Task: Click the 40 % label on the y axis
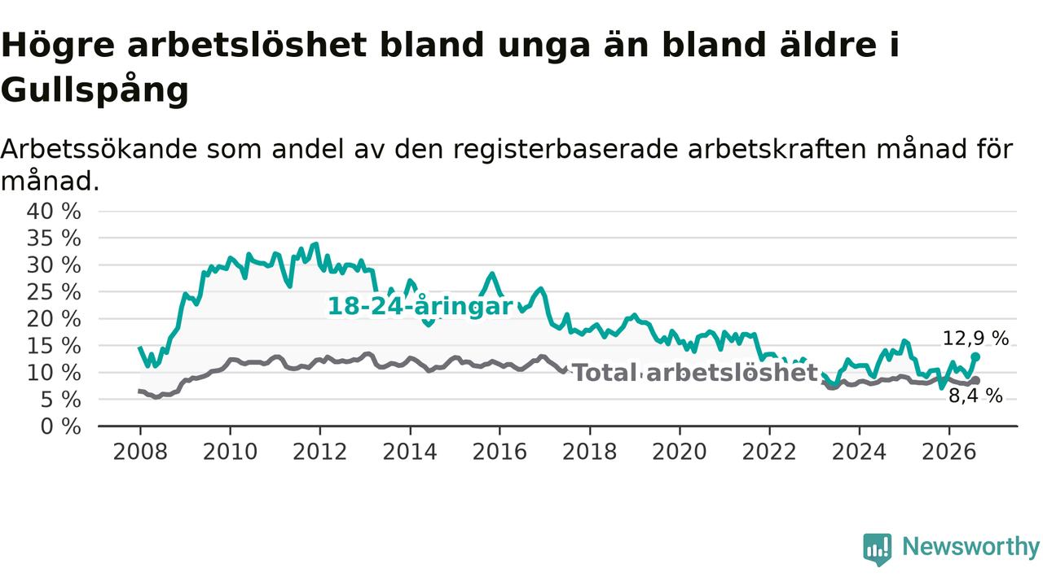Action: click(54, 212)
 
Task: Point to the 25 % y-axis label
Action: click(54, 292)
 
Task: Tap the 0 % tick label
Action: click(61, 426)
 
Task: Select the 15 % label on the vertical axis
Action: click(54, 347)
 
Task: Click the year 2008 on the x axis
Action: click(140, 452)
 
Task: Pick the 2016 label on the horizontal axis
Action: click(499, 452)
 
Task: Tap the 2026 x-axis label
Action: click(949, 452)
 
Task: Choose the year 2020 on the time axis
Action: click(680, 452)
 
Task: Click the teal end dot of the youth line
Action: click(975, 356)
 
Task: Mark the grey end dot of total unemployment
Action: click(976, 380)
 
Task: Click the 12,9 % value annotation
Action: click(975, 338)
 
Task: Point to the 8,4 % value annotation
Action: click(975, 396)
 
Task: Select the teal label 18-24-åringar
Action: click(420, 307)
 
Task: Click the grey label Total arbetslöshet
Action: click(695, 373)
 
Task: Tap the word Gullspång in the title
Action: click(95, 89)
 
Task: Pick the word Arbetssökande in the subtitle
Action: click(99, 149)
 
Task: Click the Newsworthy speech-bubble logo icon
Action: click(878, 549)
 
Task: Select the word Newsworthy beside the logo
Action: click(970, 546)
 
